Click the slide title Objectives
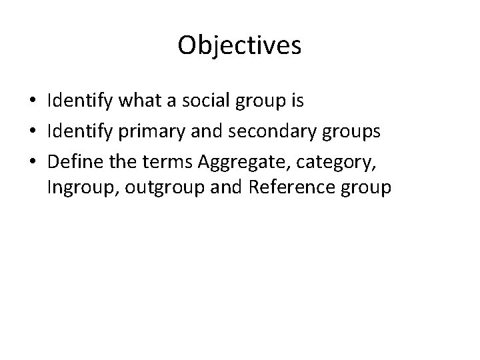pos(240,45)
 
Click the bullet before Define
pos(33,161)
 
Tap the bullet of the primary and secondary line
pos(33,131)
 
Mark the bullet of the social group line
pos(33,102)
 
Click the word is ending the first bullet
pos(296,102)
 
